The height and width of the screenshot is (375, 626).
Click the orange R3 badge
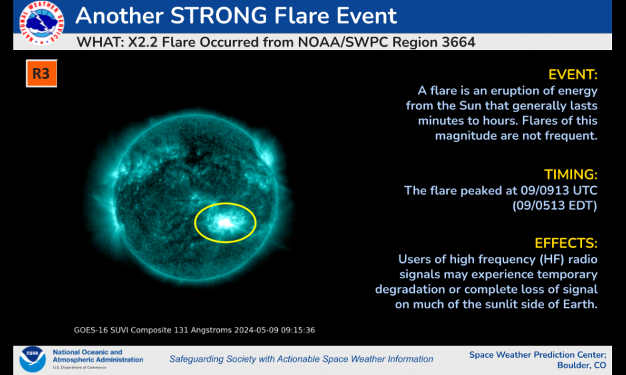click(41, 73)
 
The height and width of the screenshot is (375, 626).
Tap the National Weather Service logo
click(41, 22)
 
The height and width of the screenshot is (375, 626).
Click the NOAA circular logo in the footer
click(33, 359)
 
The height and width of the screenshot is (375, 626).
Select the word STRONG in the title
click(218, 15)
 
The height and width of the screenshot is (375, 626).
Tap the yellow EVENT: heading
click(573, 75)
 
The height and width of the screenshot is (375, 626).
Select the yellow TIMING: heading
click(571, 175)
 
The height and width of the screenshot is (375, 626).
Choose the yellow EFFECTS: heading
click(566, 244)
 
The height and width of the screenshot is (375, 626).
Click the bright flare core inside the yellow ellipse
click(226, 223)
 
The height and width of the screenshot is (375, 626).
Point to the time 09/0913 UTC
click(559, 190)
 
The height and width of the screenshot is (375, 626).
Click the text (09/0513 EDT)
click(555, 206)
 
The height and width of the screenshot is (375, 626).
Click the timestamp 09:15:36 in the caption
click(298, 330)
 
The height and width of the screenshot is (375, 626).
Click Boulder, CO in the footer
click(581, 366)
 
